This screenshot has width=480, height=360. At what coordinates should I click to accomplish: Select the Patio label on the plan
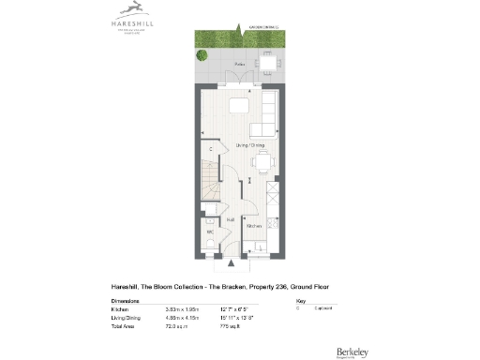pos(241,64)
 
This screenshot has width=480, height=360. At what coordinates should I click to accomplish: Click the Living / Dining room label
pos(250,146)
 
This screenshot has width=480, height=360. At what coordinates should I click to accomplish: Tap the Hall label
pos(231,219)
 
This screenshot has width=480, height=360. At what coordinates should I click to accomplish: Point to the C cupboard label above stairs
pos(211,148)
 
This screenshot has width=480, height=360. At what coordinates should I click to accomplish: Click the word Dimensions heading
pos(126,301)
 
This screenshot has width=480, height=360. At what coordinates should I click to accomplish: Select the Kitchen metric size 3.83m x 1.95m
pos(190,307)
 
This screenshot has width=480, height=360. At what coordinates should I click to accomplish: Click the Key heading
pos(300,301)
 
